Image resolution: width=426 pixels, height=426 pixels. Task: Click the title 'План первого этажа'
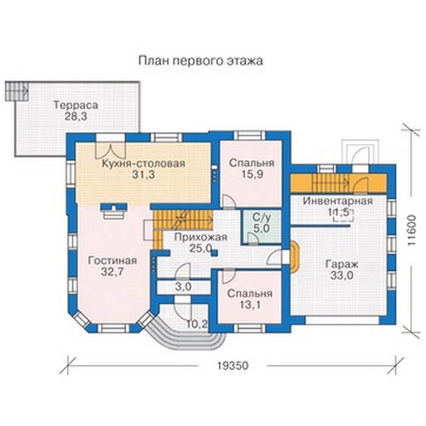coord(200,61)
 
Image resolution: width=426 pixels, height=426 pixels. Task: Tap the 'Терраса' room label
coord(76,105)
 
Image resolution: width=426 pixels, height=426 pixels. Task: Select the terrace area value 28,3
coord(76,117)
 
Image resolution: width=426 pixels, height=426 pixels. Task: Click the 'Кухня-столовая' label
coord(143,164)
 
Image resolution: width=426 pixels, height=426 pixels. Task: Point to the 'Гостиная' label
coord(112,261)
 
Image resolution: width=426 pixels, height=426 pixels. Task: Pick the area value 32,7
coord(112,272)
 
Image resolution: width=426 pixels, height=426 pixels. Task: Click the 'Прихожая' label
coord(200,237)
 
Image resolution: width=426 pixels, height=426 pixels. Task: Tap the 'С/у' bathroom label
coord(262,217)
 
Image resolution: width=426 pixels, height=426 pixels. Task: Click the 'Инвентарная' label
coord(337,201)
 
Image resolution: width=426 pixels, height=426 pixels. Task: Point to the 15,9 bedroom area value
coord(252,175)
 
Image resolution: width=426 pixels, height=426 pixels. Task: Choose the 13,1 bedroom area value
coord(250,305)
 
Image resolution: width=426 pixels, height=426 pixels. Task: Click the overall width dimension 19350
coord(233,366)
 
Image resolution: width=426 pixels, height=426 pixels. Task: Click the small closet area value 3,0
coord(183,287)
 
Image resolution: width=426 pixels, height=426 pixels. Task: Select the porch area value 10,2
coord(197,324)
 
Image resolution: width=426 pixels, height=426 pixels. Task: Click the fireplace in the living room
coord(113,211)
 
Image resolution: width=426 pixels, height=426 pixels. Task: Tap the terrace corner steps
coord(17,91)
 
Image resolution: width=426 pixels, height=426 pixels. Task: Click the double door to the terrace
coord(111,151)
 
